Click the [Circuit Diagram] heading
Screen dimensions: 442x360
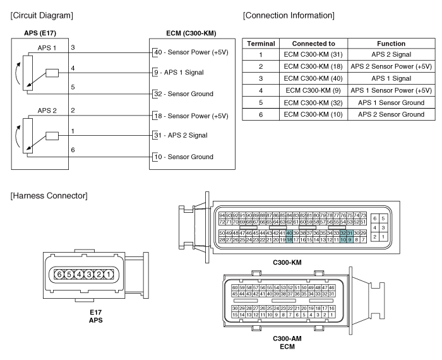(42, 15)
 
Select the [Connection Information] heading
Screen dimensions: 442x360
(289, 15)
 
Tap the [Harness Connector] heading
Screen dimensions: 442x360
(49, 196)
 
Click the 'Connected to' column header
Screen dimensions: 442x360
(313, 44)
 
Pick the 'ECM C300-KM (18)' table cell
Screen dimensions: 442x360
(313, 66)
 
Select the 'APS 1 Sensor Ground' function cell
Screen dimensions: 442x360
(391, 102)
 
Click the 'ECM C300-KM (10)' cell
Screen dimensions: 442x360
(313, 114)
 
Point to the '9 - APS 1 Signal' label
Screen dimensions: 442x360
(179, 73)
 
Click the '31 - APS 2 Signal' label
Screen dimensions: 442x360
(181, 135)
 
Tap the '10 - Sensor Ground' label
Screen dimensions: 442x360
(184, 157)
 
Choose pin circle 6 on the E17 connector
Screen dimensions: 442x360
(59, 274)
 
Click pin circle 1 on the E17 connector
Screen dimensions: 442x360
(109, 274)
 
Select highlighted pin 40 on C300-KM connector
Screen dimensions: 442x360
(289, 233)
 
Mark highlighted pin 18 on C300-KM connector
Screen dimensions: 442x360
(289, 240)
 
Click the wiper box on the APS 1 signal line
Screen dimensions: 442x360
(52, 73)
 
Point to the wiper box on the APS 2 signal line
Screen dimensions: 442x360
(52, 136)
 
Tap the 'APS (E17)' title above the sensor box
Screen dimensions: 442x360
(40, 33)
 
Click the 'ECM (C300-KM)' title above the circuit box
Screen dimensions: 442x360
(191, 33)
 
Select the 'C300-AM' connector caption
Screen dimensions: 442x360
(287, 339)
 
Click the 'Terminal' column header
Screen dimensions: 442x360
(261, 44)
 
